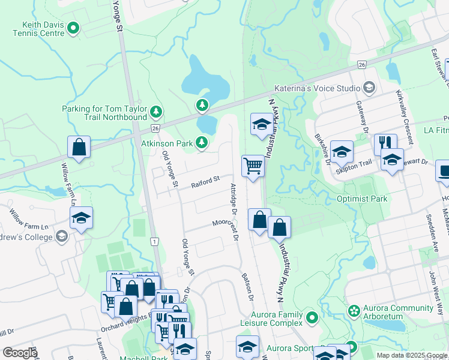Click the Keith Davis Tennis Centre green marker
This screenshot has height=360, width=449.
click(74, 28)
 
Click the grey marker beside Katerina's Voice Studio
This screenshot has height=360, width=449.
click(369, 88)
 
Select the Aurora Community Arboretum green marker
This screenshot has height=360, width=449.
click(354, 311)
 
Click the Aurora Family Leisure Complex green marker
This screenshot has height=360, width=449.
click(311, 317)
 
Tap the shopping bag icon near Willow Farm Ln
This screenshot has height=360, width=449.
click(79, 146)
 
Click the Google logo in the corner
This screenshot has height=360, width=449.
click(20, 353)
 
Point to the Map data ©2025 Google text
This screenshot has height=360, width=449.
click(412, 355)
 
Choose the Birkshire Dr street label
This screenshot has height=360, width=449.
click(322, 148)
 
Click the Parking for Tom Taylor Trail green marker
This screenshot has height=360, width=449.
click(157, 111)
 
